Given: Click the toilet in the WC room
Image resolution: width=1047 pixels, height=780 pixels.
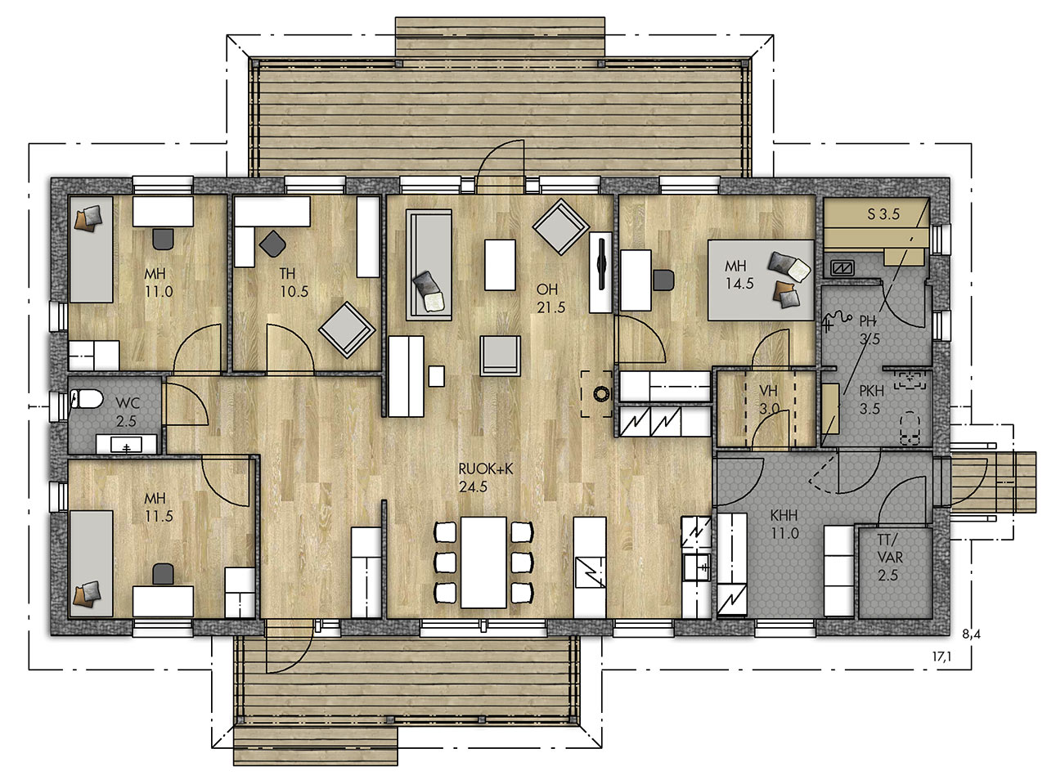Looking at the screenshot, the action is tap(86, 398).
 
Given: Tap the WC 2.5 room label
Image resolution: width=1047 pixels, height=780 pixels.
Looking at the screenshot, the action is tap(127, 412).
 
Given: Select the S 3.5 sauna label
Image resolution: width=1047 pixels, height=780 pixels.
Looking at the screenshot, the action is tap(883, 214).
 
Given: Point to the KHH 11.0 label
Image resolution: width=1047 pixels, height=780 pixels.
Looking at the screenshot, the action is tap(784, 524).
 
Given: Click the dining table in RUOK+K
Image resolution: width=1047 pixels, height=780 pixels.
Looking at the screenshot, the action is tap(483, 563).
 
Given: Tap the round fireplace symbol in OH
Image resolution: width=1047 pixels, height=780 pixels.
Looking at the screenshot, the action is tap(601, 394).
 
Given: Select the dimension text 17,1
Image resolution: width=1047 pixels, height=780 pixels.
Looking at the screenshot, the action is tap(941, 657).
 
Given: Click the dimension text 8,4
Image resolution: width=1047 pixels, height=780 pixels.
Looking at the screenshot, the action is tap(971, 634).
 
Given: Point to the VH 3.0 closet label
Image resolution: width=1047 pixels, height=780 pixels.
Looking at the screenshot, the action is tap(769, 400).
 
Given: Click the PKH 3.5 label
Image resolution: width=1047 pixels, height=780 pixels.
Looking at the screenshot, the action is tap(871, 400).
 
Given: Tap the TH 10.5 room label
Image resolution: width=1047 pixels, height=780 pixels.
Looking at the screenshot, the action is tap(294, 282).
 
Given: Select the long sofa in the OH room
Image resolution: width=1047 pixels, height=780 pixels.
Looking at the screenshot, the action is tap(429, 265).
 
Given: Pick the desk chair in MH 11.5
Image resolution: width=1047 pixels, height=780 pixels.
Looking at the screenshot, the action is tap(163, 574).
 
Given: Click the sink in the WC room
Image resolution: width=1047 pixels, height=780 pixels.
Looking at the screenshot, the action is tap(127, 444).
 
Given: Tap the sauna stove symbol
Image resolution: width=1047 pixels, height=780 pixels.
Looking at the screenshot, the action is tap(842, 267).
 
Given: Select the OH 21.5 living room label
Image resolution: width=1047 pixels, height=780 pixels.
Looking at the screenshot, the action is tap(551, 298).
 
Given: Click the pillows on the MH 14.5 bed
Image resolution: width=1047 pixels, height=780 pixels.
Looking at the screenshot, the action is tap(786, 278).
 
